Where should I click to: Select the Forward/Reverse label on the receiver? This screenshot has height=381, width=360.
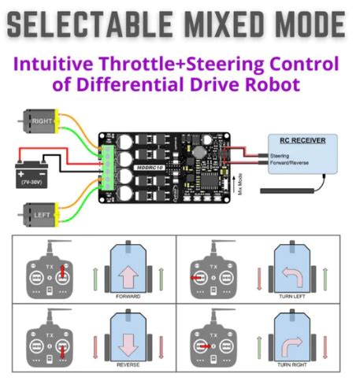(291, 163)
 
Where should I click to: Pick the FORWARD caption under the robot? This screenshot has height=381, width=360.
(128, 298)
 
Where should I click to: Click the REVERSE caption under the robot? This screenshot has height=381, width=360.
(128, 365)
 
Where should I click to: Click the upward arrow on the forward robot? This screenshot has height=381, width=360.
(128, 272)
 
